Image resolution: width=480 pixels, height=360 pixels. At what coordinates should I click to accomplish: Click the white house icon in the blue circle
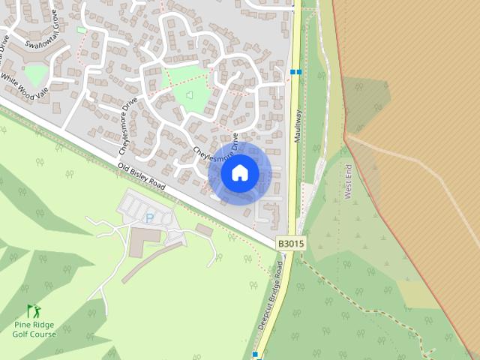(240, 173)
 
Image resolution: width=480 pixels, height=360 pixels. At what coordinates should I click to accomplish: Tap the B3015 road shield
(290, 244)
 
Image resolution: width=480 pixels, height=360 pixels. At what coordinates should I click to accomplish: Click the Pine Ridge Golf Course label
(34, 329)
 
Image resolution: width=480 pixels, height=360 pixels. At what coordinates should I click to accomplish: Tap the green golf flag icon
(32, 310)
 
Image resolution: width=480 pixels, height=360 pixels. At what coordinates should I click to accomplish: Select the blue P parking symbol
(149, 218)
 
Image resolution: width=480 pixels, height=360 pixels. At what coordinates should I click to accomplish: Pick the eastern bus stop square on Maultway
(298, 72)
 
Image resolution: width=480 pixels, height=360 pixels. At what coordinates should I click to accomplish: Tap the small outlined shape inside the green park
(188, 95)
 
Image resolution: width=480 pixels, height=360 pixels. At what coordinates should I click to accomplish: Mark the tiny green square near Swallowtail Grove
(81, 30)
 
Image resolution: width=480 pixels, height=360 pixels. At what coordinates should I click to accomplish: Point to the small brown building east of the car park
(203, 229)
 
